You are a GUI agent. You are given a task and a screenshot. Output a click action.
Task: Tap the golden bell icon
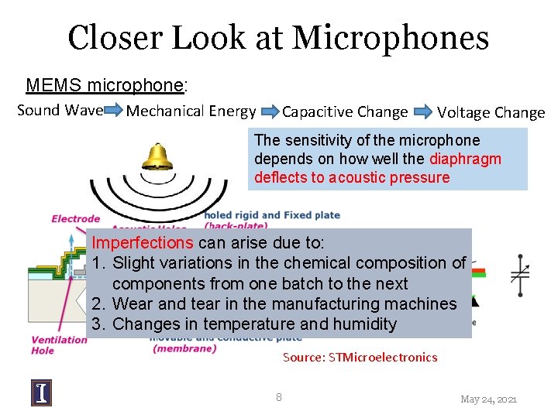pos(157,157)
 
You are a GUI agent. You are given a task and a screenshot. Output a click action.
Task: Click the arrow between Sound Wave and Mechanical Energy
pos(113,111)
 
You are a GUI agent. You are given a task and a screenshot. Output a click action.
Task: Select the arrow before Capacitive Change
pos(270,112)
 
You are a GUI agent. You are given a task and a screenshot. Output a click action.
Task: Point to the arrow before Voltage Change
pos(425,112)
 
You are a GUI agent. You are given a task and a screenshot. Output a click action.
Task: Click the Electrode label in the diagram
pos(75,219)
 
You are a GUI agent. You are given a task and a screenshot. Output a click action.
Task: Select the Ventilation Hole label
pos(59,345)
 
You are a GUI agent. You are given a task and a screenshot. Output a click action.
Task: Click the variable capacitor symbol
pos(520,272)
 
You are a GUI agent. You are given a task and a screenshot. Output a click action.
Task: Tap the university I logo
pos(41,393)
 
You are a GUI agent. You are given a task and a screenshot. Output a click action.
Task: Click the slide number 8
pos(279,397)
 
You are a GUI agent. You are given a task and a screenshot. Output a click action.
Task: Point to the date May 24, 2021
pos(488,399)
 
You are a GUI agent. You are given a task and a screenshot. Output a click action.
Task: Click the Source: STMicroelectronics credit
pos(360,357)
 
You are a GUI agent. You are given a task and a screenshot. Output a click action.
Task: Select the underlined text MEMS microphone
pos(105,85)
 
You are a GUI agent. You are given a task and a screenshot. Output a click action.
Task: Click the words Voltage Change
pos(491,112)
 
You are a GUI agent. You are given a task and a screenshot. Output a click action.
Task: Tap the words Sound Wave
pos(60,110)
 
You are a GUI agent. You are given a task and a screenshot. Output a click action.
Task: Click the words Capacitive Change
pos(345,112)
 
